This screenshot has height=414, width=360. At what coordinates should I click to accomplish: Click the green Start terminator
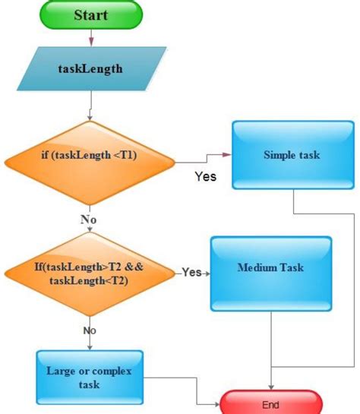92,14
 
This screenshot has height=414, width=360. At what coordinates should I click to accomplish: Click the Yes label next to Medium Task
192,272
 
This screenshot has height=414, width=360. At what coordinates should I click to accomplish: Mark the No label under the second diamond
90,330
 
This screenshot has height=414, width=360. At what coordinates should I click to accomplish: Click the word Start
91,14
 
